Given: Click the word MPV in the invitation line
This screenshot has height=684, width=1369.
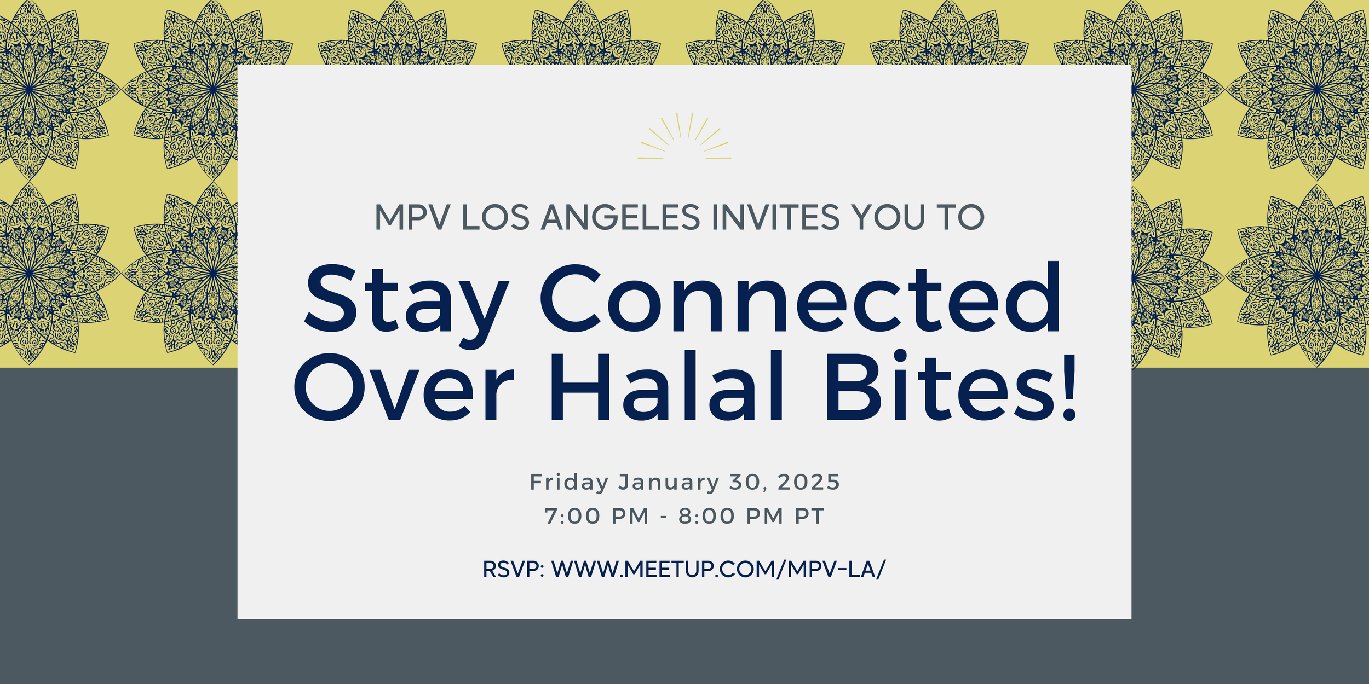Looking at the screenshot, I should coord(412,217).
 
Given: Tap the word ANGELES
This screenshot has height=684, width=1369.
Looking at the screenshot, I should coord(620,217).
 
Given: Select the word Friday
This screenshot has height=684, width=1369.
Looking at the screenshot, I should coord(569,483).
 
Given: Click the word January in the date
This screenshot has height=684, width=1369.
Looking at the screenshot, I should coord(669,483).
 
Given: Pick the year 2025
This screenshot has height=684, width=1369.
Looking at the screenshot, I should coord(808,482).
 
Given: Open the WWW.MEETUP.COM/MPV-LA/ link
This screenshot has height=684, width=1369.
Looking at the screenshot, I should coord(718,570).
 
